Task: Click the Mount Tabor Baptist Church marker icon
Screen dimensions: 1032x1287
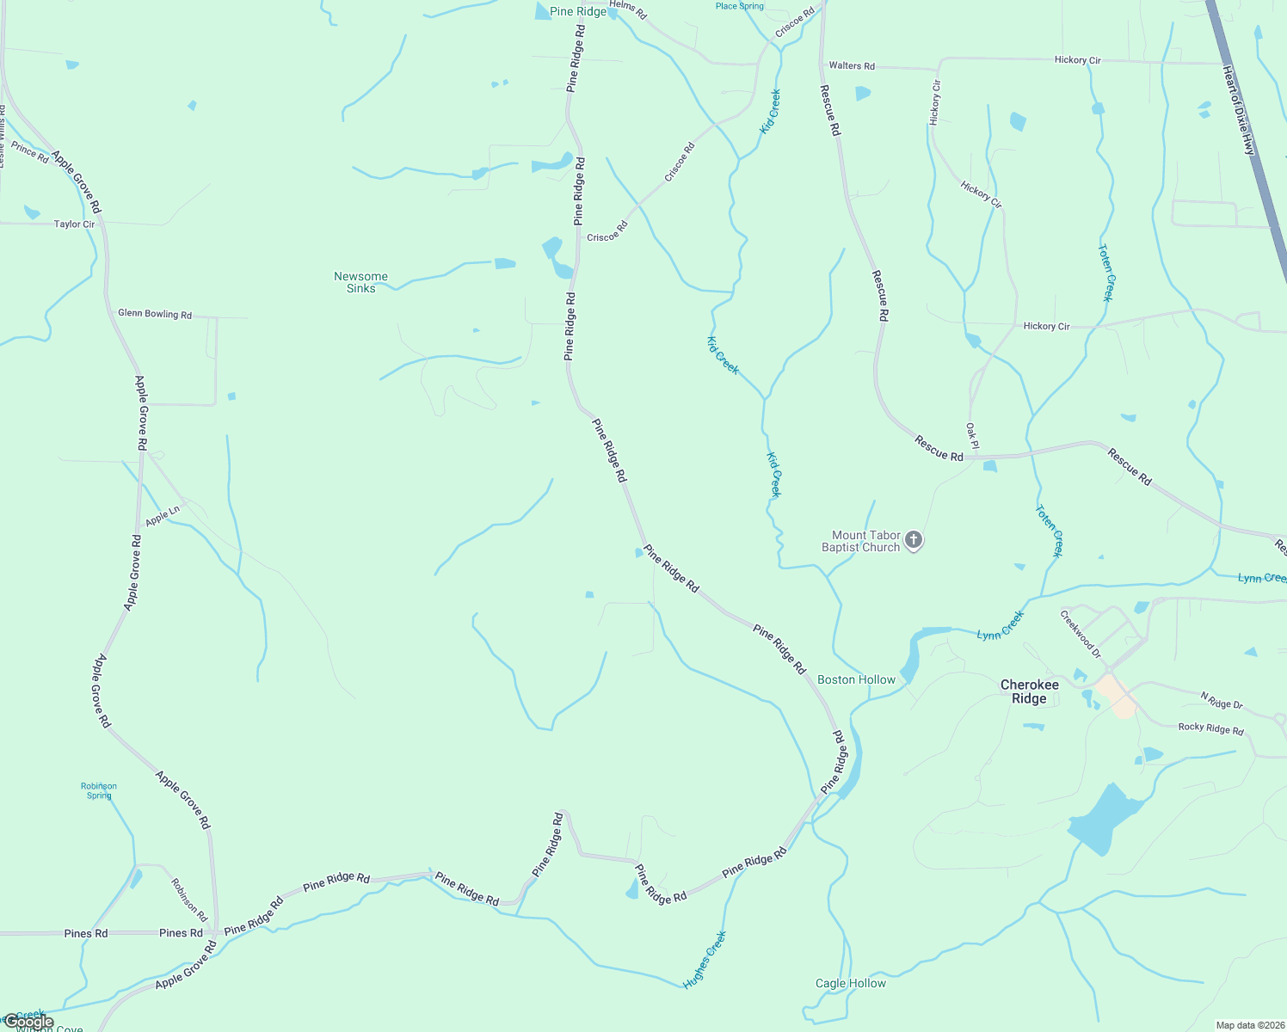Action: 914,540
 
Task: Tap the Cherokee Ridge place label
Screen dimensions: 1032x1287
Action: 1029,691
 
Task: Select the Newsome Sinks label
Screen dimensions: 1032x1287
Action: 360,282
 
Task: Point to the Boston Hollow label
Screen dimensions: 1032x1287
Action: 856,679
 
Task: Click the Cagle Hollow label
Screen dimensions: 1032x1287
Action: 850,983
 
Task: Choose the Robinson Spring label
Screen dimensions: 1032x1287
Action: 99,790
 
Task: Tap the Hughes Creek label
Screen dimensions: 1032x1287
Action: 705,959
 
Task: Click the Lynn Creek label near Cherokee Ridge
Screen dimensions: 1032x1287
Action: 1001,625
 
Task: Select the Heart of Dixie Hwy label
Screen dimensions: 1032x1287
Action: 1239,111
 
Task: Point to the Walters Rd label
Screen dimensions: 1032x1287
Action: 851,65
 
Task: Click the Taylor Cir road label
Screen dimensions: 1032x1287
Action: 74,224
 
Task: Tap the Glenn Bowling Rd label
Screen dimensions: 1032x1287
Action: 155,314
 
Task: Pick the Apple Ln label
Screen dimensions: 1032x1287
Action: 163,516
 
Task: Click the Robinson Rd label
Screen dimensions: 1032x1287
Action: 188,900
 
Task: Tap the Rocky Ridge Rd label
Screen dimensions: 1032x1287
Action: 1210,728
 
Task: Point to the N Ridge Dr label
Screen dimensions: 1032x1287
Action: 1222,700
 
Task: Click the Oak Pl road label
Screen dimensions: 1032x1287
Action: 972,436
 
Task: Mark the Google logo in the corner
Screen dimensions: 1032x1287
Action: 29,1023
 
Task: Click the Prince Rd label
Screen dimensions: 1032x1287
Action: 30,153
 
